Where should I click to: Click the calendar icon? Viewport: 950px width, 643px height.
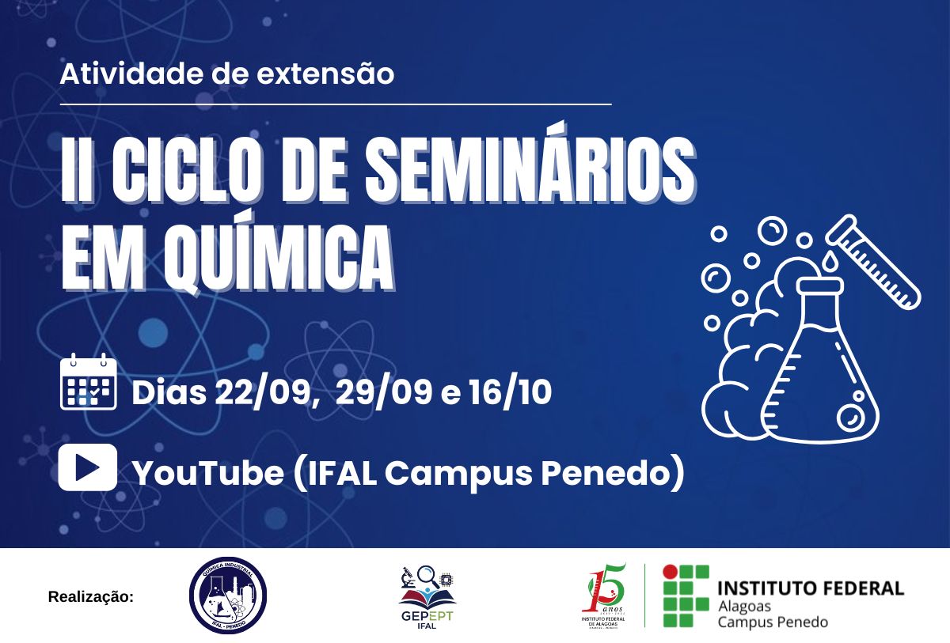coord(88,384)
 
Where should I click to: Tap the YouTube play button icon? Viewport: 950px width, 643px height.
coord(88,467)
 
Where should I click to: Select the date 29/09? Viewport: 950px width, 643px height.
coord(384,393)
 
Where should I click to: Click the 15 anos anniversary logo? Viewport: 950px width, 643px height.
coord(604,596)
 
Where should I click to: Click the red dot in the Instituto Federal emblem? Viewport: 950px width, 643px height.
coord(670,571)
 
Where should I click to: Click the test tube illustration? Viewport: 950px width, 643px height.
coord(874,261)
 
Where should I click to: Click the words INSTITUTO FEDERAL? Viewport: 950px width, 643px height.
coord(810,588)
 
